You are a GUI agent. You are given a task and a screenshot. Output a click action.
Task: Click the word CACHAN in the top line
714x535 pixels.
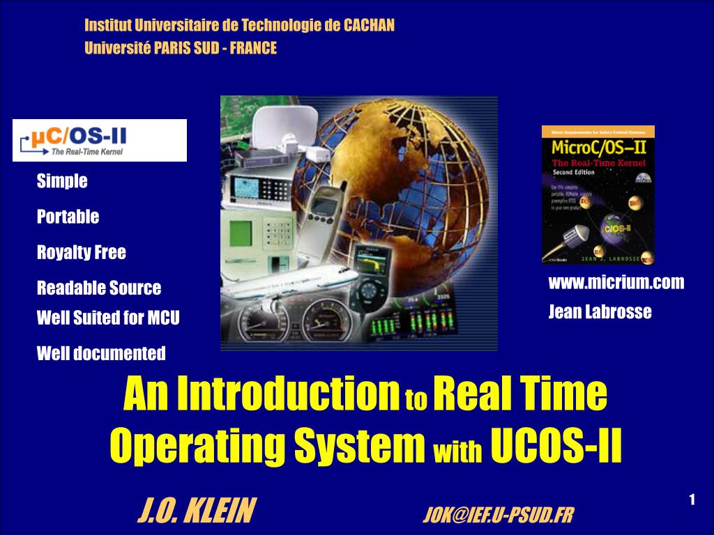point(369,26)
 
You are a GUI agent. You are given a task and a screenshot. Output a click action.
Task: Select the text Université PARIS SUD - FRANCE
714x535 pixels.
point(181,48)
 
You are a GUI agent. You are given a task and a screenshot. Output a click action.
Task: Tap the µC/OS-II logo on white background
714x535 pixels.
point(100,140)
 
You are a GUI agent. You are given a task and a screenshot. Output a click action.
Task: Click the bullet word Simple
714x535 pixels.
point(62,181)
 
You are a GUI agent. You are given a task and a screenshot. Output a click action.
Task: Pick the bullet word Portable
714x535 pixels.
point(68,217)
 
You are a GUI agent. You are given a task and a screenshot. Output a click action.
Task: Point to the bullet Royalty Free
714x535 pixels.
point(82,252)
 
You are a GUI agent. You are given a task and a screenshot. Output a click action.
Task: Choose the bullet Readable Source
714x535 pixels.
point(98,288)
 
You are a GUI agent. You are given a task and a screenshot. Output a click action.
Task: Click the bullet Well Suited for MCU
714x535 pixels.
point(108,318)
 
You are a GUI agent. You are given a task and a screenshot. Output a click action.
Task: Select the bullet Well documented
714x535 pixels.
point(101,353)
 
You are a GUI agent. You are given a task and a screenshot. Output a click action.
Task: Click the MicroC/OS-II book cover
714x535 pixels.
point(598,195)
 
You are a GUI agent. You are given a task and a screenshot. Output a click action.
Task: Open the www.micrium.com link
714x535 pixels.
point(616,282)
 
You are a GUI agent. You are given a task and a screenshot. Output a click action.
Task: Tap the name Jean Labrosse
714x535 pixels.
point(600,312)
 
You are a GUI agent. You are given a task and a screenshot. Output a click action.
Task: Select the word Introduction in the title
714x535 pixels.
point(287,394)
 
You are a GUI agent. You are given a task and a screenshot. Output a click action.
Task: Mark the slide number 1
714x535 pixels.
point(692,499)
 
